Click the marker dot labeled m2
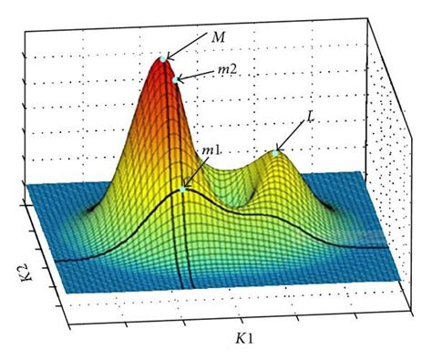(176, 79)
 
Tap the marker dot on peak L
(276, 153)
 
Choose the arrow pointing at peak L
(292, 137)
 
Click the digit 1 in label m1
(219, 149)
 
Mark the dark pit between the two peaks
(247, 194)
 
